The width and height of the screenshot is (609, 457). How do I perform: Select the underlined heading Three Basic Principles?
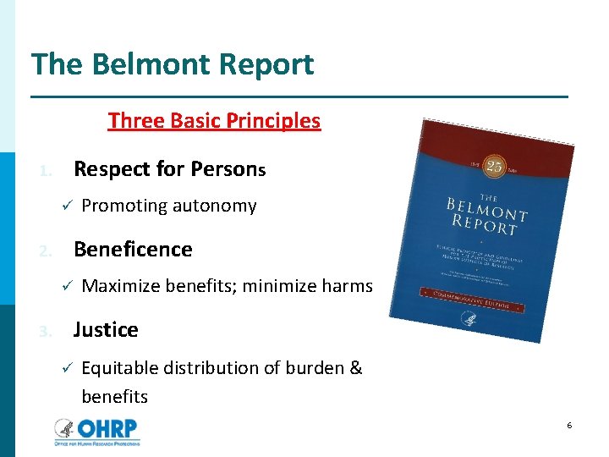pos(214,120)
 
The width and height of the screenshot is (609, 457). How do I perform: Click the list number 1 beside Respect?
pos(46,171)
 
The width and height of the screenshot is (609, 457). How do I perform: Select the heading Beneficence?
pos(133,249)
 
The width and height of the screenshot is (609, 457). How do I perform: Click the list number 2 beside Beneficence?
pos(46,251)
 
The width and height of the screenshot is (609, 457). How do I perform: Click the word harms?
pos(347,286)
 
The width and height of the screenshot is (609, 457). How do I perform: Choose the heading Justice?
pos(106,329)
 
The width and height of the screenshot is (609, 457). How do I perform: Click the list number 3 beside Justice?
pos(46,332)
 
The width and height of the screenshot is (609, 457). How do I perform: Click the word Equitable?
pos(120,368)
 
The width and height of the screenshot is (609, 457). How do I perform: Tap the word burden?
pos(311,368)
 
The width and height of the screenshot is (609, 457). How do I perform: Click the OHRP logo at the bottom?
pos(97,430)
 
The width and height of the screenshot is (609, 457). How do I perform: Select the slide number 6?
pos(569,425)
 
